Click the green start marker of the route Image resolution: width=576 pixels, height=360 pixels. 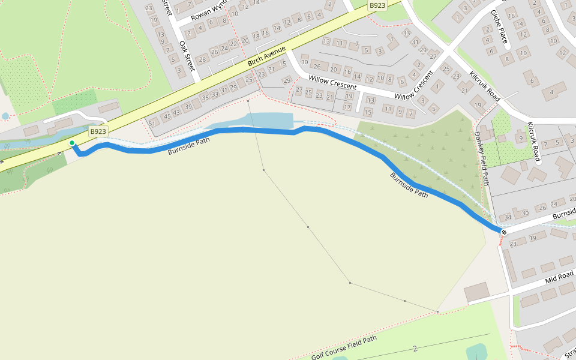click(x=72, y=143)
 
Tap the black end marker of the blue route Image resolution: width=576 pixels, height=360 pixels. click(x=504, y=232)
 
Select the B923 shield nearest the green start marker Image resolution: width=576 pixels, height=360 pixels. click(x=98, y=131)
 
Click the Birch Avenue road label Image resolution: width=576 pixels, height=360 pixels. click(x=269, y=55)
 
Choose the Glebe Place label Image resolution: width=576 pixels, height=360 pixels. click(x=499, y=28)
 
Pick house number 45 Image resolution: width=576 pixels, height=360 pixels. click(x=167, y=116)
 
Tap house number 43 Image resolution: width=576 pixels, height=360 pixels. click(x=176, y=112)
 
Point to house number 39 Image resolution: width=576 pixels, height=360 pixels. click(x=188, y=106)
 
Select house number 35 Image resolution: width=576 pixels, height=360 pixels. click(x=206, y=98)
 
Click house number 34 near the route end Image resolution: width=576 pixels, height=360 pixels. click(x=508, y=217)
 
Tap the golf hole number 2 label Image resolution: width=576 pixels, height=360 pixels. click(x=415, y=349)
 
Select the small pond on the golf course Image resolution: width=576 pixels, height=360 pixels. click(x=478, y=352)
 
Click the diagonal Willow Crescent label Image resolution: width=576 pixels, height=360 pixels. click(x=414, y=86)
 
